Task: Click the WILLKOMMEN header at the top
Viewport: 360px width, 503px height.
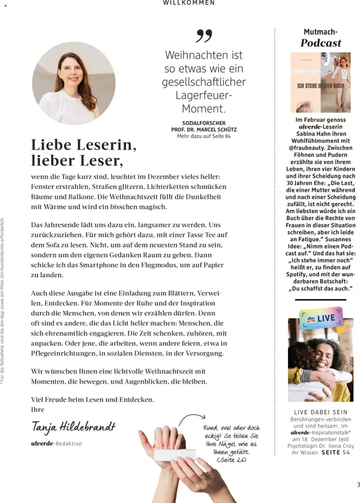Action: [188, 3]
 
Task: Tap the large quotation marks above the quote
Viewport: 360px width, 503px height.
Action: [204, 36]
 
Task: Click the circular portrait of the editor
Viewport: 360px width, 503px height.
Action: [73, 83]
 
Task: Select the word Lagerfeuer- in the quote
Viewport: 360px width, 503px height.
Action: [204, 96]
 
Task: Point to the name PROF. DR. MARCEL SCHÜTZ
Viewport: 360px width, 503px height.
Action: [204, 129]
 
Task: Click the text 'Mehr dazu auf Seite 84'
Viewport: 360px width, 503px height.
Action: [204, 136]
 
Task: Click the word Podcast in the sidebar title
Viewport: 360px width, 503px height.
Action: [321, 43]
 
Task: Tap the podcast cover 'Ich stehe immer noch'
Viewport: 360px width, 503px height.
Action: [320, 82]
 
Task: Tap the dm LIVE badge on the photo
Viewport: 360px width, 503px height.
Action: [322, 318]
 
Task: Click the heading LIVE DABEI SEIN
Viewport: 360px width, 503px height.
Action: [321, 412]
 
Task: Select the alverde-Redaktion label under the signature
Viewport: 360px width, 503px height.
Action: [56, 443]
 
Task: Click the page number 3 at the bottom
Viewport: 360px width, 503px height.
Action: [358, 485]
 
